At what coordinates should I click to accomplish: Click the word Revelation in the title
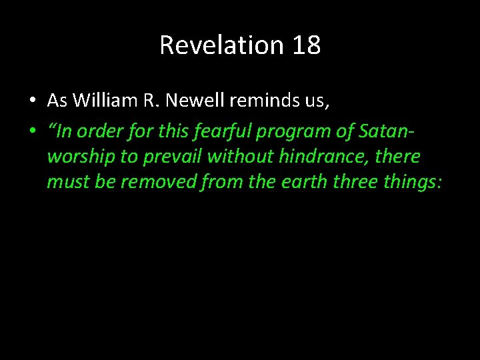pos(222,45)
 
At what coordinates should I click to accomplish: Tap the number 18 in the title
pos(306,45)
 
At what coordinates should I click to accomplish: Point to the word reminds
pos(257,100)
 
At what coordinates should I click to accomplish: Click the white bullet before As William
pos(32,101)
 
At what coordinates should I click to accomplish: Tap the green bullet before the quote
pos(32,130)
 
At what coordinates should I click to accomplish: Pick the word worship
pos(76,157)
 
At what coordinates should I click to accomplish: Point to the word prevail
pos(172,157)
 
